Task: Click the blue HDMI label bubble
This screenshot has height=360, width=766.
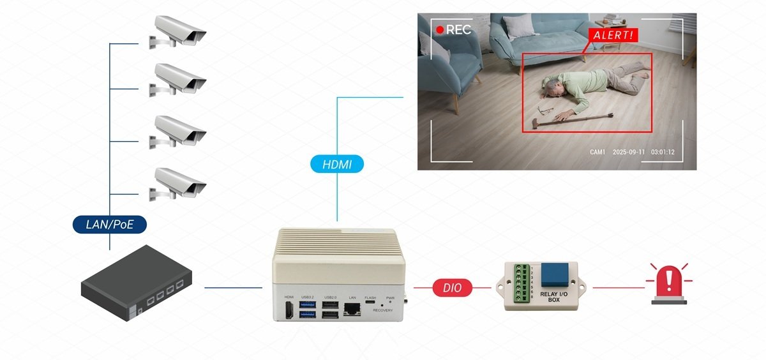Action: pos(337,164)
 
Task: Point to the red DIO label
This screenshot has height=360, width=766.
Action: pos(453,288)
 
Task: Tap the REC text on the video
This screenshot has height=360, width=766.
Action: pos(458,29)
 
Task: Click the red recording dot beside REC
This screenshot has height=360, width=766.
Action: pos(439,29)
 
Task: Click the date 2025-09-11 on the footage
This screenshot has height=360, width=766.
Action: pos(628,153)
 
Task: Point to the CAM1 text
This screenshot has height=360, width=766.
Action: pos(597,153)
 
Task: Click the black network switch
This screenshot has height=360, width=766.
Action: pos(137,282)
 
